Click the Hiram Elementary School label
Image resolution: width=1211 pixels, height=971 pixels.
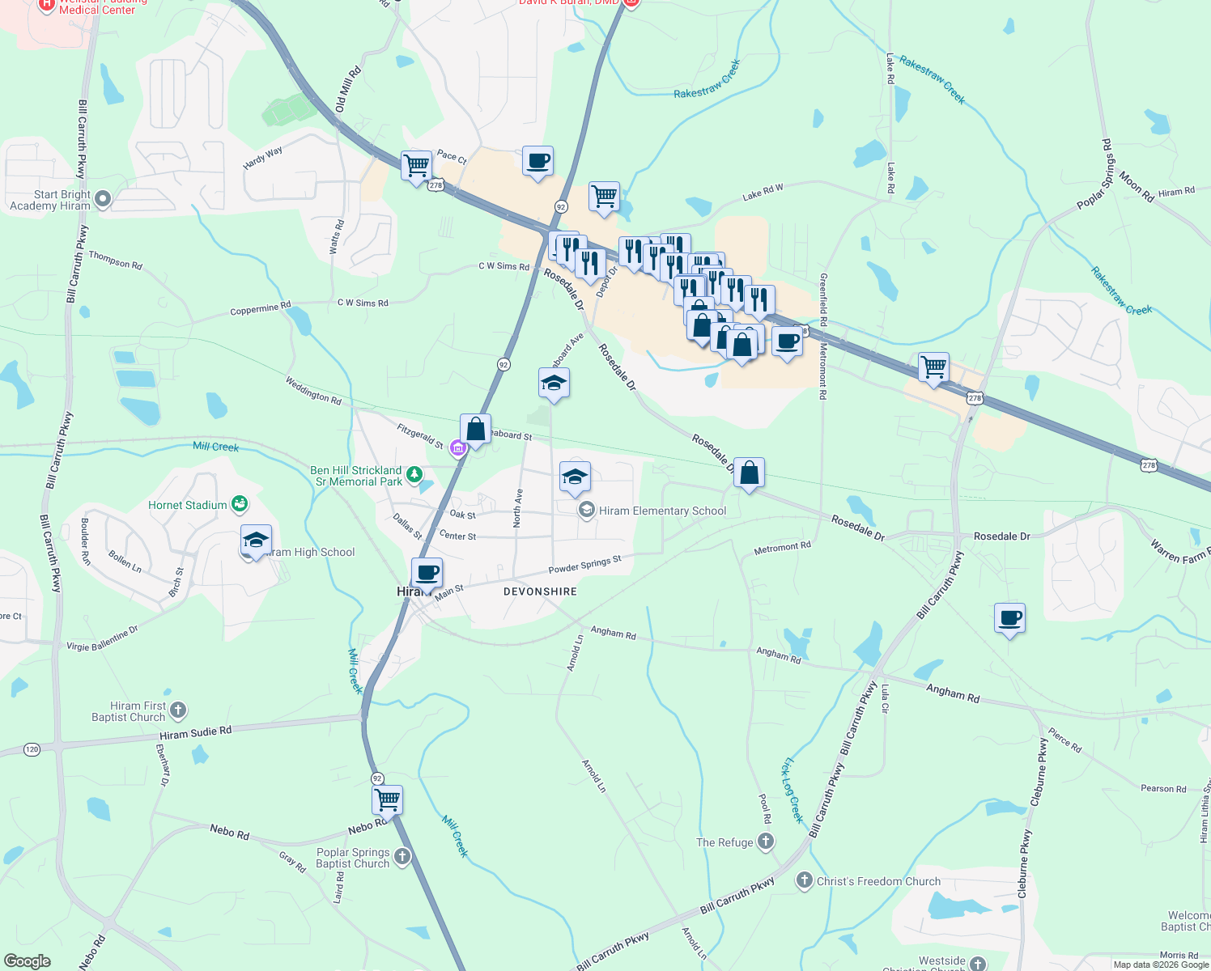tap(662, 511)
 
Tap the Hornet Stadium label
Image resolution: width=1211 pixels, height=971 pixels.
tap(188, 505)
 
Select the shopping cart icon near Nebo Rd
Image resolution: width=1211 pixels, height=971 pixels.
tap(388, 800)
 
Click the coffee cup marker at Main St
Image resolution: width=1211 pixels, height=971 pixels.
tap(427, 573)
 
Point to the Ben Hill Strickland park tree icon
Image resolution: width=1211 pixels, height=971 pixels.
tap(414, 475)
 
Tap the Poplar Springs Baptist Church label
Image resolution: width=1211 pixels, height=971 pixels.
tap(353, 858)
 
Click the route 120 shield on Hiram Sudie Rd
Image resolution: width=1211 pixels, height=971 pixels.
tap(32, 749)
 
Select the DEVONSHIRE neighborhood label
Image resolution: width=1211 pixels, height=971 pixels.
tap(540, 592)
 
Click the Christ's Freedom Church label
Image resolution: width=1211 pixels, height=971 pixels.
tap(878, 881)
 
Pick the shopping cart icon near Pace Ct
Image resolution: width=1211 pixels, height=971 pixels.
tap(416, 166)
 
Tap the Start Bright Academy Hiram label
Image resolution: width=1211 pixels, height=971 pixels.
tap(50, 200)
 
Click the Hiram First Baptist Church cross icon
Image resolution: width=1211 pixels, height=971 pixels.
tap(178, 710)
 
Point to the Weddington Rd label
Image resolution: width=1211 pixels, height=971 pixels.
tap(313, 390)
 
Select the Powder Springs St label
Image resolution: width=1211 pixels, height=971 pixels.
tap(584, 564)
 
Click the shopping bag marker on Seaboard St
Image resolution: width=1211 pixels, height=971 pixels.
tap(476, 430)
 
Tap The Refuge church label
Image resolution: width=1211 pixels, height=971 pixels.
tap(724, 842)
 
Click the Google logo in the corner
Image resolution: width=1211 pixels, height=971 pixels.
tap(27, 960)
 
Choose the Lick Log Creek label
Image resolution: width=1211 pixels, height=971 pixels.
tap(792, 791)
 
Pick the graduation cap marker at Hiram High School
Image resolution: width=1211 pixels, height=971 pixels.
tap(256, 540)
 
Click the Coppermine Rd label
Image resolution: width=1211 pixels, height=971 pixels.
tap(260, 308)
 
